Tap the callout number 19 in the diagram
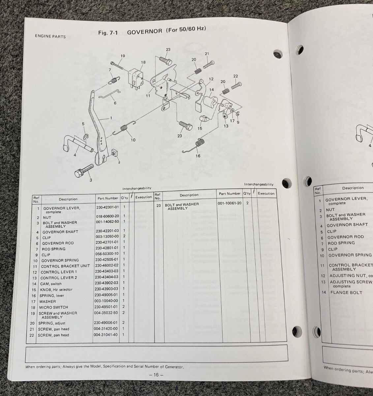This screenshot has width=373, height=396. [x=123, y=56]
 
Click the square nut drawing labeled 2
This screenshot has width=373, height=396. [x=115, y=153]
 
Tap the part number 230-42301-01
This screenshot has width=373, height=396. [x=107, y=208]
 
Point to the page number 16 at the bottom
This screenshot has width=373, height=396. [x=156, y=375]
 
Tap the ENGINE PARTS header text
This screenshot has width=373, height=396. [x=50, y=36]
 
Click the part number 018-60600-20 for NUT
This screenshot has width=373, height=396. [x=107, y=216]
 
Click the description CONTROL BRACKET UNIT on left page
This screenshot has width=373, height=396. [x=65, y=266]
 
